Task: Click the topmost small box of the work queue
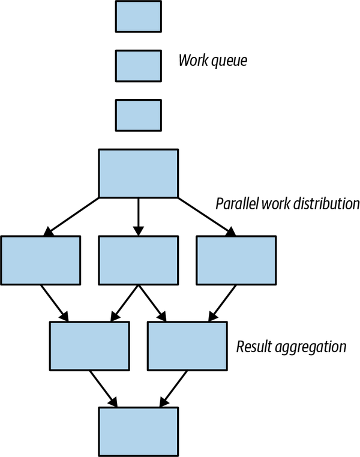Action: click(x=138, y=16)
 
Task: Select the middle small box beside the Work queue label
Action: click(x=138, y=65)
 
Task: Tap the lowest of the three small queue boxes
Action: click(x=138, y=115)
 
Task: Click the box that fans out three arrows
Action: click(x=138, y=173)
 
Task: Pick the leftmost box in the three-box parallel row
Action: click(x=40, y=260)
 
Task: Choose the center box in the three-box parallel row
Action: click(x=138, y=260)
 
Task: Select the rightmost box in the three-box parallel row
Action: click(x=236, y=260)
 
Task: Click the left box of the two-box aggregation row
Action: click(x=89, y=346)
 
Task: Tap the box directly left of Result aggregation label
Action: click(x=187, y=346)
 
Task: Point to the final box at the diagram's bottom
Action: click(x=138, y=431)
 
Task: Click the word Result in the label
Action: click(x=253, y=347)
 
